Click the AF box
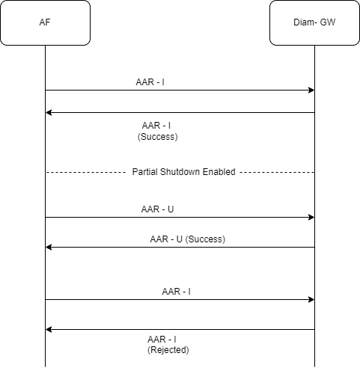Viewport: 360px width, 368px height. (x=45, y=22)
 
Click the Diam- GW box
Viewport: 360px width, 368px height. (x=314, y=22)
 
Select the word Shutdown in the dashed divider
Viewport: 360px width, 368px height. (x=181, y=172)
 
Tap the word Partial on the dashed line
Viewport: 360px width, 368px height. (x=146, y=172)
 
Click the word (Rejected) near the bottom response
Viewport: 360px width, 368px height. (x=168, y=350)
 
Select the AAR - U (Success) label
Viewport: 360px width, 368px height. (x=187, y=239)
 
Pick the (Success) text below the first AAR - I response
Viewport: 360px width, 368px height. (x=158, y=137)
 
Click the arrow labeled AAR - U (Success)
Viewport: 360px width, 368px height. (x=180, y=248)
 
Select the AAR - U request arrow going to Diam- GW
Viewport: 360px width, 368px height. (x=180, y=218)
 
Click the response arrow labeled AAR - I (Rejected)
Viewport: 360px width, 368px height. (x=180, y=329)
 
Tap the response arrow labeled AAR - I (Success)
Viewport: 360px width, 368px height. (x=180, y=113)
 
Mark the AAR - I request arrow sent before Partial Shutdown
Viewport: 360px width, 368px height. (x=180, y=91)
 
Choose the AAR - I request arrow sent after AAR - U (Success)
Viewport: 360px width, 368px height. (x=180, y=300)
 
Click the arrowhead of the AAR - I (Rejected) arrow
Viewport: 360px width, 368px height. (x=49, y=329)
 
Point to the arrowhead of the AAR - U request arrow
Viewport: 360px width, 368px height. (x=311, y=218)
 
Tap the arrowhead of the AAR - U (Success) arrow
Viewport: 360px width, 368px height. (x=49, y=248)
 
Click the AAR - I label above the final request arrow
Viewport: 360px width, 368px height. (x=176, y=291)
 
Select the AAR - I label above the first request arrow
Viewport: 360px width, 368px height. (x=150, y=82)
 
